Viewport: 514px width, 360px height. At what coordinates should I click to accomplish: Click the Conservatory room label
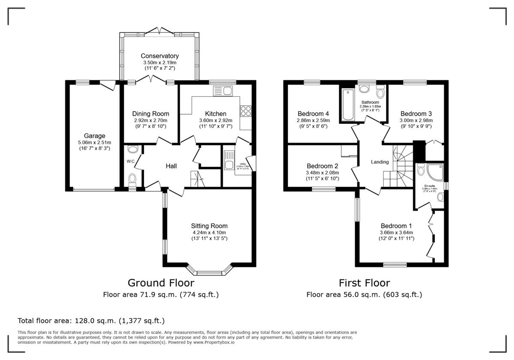click(159, 56)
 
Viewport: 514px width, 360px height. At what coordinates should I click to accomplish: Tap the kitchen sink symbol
click(222, 90)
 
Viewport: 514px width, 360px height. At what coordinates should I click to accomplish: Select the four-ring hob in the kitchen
click(246, 111)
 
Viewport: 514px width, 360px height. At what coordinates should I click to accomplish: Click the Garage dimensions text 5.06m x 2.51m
click(94, 143)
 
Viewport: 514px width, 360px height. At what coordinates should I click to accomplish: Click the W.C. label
click(131, 162)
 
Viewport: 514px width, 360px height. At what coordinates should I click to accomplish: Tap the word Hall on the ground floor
click(171, 166)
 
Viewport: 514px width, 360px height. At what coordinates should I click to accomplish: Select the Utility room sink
click(228, 159)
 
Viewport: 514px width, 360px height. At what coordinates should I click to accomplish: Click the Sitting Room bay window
click(210, 272)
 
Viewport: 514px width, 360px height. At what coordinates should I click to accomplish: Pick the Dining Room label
click(150, 114)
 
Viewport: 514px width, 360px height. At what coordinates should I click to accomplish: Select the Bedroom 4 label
click(313, 114)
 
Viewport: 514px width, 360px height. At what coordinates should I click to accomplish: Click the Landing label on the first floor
click(380, 162)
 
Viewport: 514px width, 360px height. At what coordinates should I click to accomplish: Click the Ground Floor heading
click(161, 283)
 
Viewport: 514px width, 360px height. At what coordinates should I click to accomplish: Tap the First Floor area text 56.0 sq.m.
click(364, 295)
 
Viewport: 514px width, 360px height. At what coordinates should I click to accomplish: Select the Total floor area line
click(91, 321)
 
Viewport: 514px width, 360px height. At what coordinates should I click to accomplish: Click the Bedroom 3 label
click(416, 114)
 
